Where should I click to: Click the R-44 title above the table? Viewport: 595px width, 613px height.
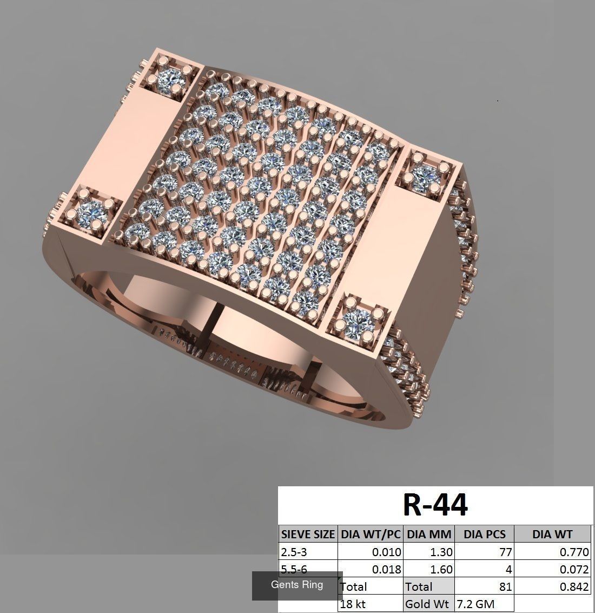coord(435,505)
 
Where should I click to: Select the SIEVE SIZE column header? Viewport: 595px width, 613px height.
coord(308,534)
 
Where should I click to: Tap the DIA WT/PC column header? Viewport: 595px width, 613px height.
coord(371,534)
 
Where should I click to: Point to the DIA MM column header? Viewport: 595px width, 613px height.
coord(429,534)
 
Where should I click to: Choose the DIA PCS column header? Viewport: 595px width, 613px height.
coord(484,534)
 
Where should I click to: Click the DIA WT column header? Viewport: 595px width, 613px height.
coord(552,534)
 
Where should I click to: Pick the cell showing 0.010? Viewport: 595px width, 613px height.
coord(386,552)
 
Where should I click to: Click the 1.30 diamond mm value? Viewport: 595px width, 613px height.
coord(440,552)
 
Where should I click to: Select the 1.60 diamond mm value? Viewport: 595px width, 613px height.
coord(440,569)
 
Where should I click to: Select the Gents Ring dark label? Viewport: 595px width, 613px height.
coord(297,585)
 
